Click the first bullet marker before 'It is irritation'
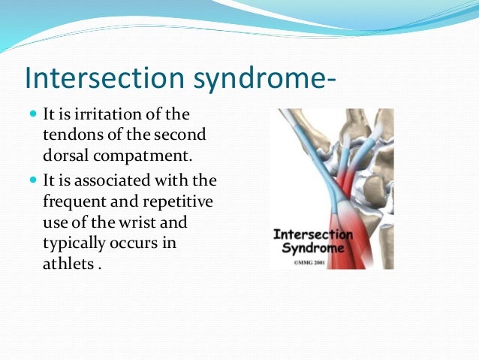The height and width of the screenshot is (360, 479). coord(36,114)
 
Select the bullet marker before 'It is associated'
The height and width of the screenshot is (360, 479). coord(36,182)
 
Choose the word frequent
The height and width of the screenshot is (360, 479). coord(75,202)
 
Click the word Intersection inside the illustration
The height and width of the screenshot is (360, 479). coord(311,234)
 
